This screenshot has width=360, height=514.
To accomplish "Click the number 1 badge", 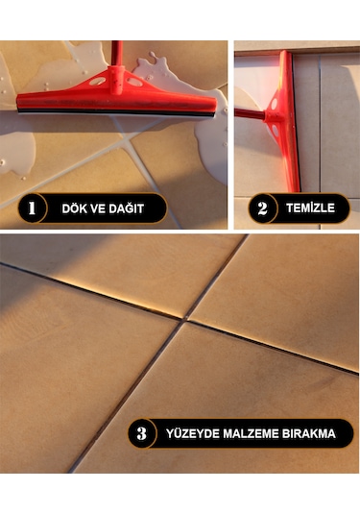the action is pyautogui.click(x=32, y=208).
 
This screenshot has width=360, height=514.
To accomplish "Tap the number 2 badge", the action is pyautogui.click(x=262, y=208).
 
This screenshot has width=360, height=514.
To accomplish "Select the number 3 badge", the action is pyautogui.click(x=142, y=433).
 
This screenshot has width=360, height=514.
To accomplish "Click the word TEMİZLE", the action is pyautogui.click(x=310, y=208).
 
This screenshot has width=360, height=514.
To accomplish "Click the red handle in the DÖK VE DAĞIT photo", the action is pyautogui.click(x=117, y=54).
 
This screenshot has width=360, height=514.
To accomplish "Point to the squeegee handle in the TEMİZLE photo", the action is pyautogui.click(x=250, y=114).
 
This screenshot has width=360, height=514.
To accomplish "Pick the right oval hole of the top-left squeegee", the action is pyautogui.click(x=134, y=82).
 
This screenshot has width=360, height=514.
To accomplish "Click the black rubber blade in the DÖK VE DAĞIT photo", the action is pyautogui.click(x=116, y=112).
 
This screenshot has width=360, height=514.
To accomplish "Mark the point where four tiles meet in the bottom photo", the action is pyautogui.click(x=185, y=319).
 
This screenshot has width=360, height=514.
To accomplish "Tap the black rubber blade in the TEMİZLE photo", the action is pyautogui.click(x=296, y=121).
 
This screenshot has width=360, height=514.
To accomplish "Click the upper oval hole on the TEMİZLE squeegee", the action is pyautogui.click(x=274, y=104).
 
